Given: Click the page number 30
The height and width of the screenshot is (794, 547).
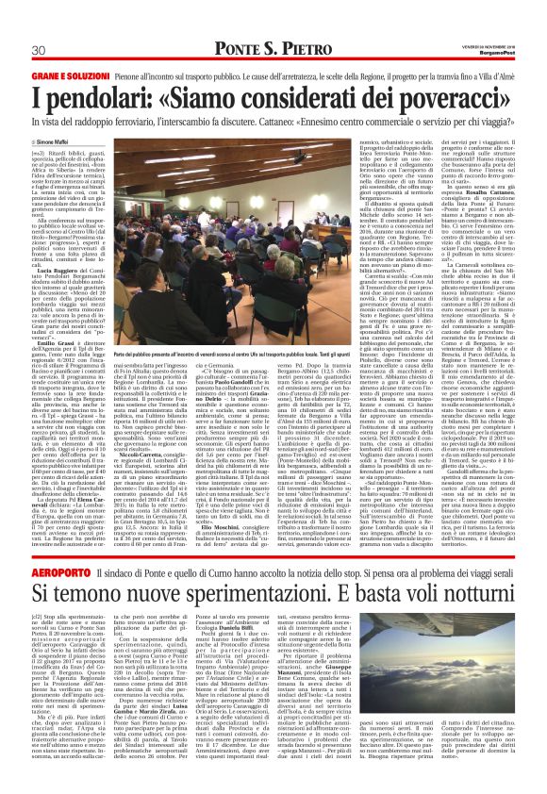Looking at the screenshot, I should [x=39, y=50].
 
